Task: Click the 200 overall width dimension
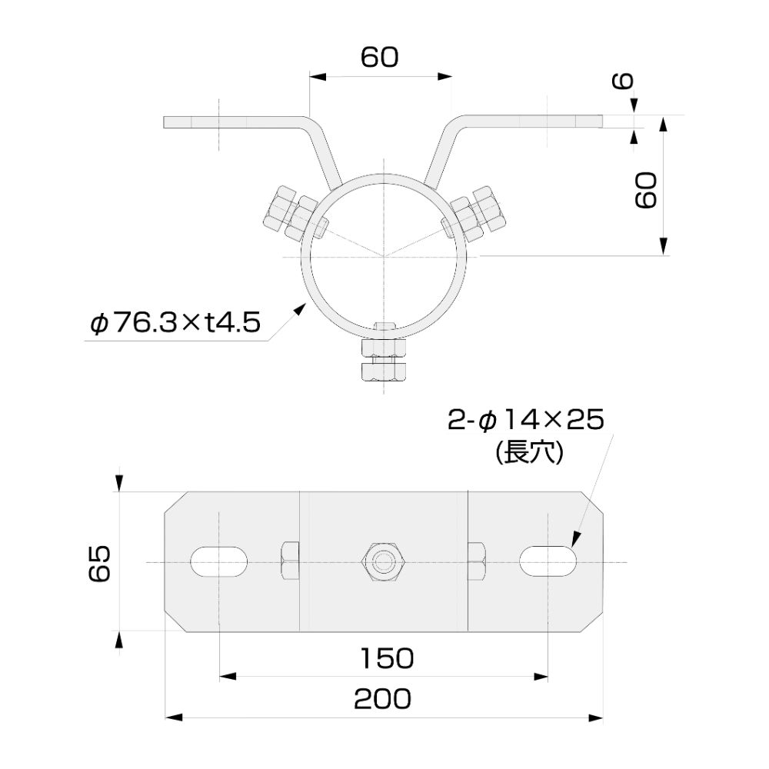click(382, 698)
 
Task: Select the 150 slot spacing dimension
click(387, 657)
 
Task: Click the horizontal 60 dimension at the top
click(380, 58)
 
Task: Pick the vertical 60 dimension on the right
click(644, 190)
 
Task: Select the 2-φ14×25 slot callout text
click(527, 420)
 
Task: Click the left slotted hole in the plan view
click(220, 561)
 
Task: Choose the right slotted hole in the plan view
click(548, 561)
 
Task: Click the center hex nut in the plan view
click(382, 561)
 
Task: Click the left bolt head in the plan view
click(289, 561)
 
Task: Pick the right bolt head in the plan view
click(477, 561)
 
